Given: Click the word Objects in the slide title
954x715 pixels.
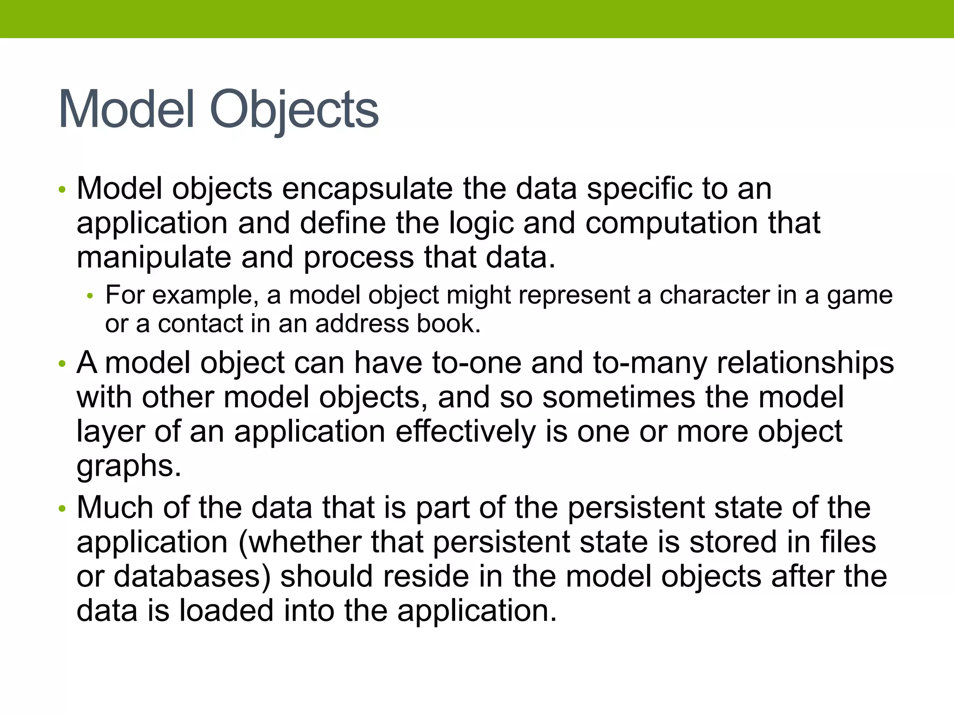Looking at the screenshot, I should click(x=294, y=110).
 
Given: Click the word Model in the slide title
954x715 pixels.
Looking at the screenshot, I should click(x=126, y=110).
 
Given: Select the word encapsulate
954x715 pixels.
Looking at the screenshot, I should click(x=367, y=189).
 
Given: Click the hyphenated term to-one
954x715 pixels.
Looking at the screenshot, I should click(x=477, y=363).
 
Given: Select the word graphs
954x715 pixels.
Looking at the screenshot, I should click(x=129, y=466).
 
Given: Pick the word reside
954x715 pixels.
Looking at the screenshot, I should click(x=424, y=576).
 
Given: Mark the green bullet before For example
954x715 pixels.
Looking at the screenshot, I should click(x=90, y=296).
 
